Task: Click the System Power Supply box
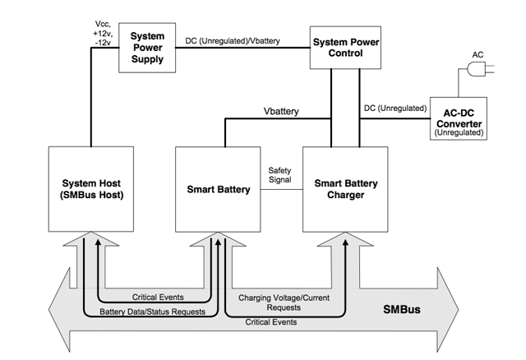(x=147, y=48)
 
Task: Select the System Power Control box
(x=345, y=48)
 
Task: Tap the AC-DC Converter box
(x=459, y=118)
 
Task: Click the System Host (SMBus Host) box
(x=91, y=189)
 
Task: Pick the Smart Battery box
(x=218, y=189)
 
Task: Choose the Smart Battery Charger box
(x=345, y=189)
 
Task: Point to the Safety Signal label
(x=279, y=175)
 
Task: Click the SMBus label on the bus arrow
(x=402, y=309)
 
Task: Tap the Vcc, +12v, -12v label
(x=103, y=33)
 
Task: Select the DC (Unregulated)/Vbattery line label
(x=233, y=41)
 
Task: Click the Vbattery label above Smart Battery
(x=281, y=111)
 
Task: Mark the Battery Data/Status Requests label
(x=152, y=312)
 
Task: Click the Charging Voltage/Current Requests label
(x=284, y=302)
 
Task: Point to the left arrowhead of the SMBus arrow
(x=59, y=309)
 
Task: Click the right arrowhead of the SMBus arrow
(x=448, y=309)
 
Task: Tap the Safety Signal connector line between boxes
(x=282, y=190)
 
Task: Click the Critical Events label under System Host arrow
(x=158, y=297)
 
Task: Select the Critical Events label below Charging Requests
(x=271, y=322)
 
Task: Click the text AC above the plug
(x=478, y=55)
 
